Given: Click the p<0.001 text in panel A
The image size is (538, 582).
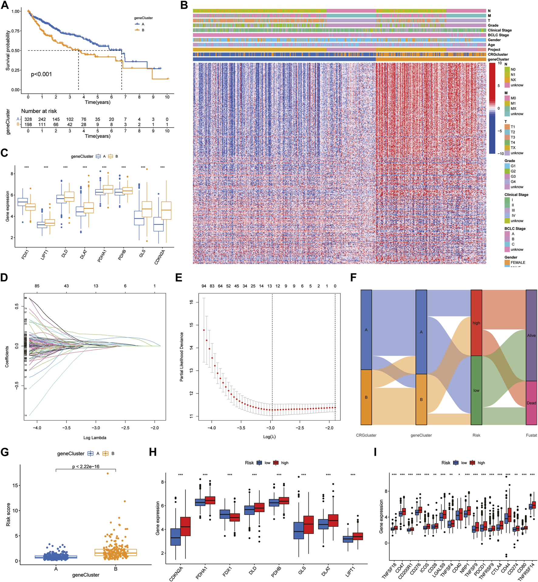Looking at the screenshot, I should (41, 74).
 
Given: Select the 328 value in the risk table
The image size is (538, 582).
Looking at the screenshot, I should (28, 119).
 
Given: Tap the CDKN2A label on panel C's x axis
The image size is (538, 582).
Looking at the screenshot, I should (160, 257).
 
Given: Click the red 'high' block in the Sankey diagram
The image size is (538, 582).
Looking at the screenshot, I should (476, 323).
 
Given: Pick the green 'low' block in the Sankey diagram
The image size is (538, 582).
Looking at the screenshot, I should (476, 390).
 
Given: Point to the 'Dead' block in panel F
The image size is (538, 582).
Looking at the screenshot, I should (531, 403).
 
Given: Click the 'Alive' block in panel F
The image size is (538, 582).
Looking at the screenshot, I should (531, 335).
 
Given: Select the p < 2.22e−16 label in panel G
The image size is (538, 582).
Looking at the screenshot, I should (86, 467).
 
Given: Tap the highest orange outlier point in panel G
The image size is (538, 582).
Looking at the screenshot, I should (107, 474).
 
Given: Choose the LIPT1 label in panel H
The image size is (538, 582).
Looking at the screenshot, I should (350, 571).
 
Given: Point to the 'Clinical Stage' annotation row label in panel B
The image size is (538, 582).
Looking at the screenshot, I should (499, 30).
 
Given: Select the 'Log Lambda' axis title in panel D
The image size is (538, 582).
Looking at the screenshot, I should (95, 438).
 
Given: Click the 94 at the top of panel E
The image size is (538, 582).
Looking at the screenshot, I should (204, 286).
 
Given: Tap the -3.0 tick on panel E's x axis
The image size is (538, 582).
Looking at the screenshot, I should (270, 428).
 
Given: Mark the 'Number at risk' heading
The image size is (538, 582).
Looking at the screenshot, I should (39, 111).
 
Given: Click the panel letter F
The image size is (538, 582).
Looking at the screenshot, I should (353, 277).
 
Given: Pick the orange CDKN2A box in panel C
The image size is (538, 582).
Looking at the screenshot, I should (166, 210).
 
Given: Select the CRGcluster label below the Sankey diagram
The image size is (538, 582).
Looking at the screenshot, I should (366, 435).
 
